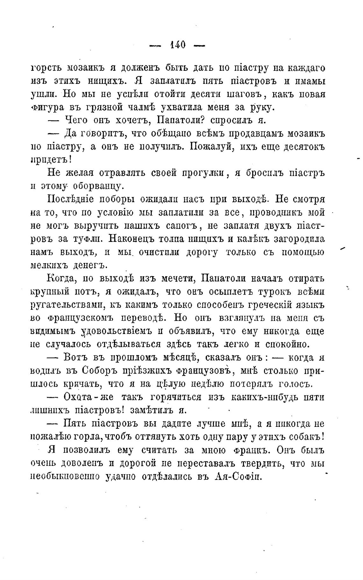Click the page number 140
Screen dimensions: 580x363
tap(178, 45)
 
